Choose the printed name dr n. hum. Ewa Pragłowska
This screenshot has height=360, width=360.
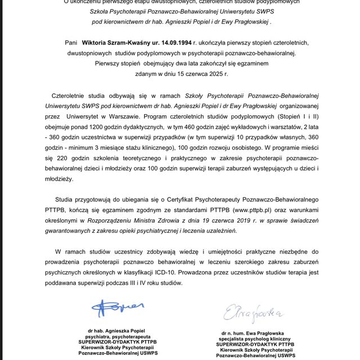(256, 334)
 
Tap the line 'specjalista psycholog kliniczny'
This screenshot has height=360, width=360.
(256, 340)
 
